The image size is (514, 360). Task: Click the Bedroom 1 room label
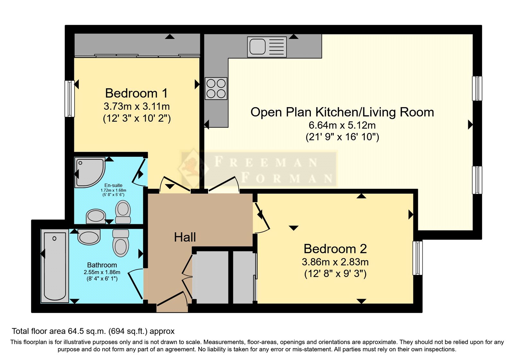(136, 93)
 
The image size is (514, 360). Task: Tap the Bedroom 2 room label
(335, 249)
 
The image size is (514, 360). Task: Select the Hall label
(185, 237)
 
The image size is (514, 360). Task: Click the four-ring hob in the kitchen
(216, 88)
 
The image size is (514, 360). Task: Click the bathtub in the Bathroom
(55, 266)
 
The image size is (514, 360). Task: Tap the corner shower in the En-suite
(90, 172)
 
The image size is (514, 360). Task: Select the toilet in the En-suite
(123, 212)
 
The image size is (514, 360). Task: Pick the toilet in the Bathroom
(121, 243)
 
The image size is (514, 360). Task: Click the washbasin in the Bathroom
(89, 237)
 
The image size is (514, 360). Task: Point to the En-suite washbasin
(96, 216)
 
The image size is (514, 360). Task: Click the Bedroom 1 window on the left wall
(69, 99)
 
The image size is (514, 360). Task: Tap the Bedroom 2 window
(417, 258)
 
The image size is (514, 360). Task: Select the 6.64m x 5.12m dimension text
(342, 125)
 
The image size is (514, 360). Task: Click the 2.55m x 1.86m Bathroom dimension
(102, 272)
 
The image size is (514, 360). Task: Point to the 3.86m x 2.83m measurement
(335, 262)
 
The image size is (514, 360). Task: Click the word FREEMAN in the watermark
(266, 162)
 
